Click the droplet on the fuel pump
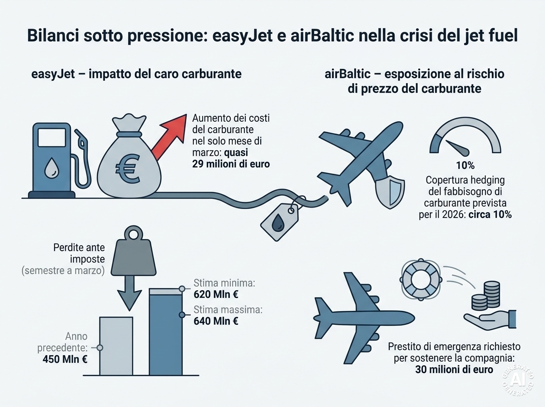click(x=52, y=167)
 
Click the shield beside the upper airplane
click(x=390, y=192)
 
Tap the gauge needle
click(x=457, y=148)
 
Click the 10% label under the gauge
click(x=466, y=165)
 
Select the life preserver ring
click(x=421, y=280)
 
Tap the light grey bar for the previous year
click(x=116, y=346)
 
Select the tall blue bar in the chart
click(x=166, y=332)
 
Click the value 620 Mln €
click(x=216, y=294)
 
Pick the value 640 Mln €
click(x=216, y=321)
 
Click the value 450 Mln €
click(x=65, y=359)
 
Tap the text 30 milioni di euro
click(x=454, y=370)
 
